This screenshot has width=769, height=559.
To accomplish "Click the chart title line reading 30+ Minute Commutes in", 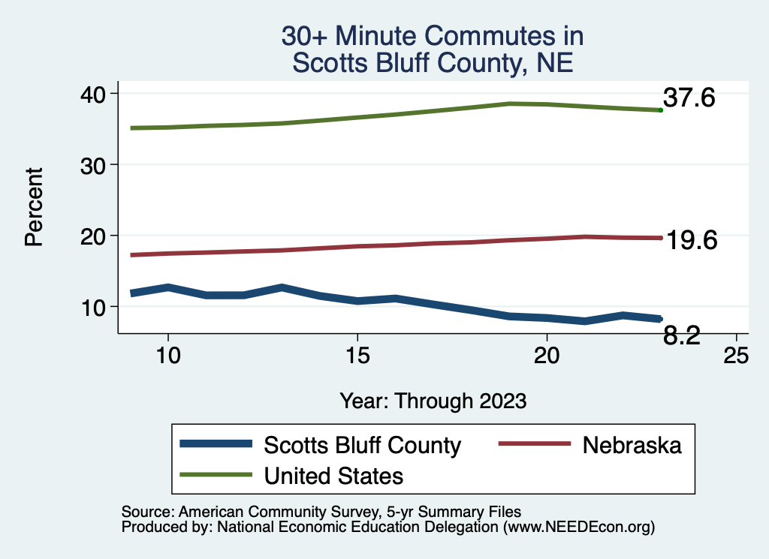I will [x=433, y=36].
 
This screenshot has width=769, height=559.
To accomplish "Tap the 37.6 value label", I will [x=689, y=98].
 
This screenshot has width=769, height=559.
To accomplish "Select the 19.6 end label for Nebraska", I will [x=692, y=240].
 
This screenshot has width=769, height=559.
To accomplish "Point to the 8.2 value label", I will [x=681, y=337].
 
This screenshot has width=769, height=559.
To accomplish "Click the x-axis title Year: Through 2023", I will [x=433, y=401].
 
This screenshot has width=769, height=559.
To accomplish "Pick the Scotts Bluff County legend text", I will [x=362, y=445].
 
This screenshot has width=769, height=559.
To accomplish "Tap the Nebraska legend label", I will [x=632, y=445].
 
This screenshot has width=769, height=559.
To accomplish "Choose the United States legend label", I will [x=333, y=475].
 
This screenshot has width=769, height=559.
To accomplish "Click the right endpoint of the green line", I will [x=660, y=110].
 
